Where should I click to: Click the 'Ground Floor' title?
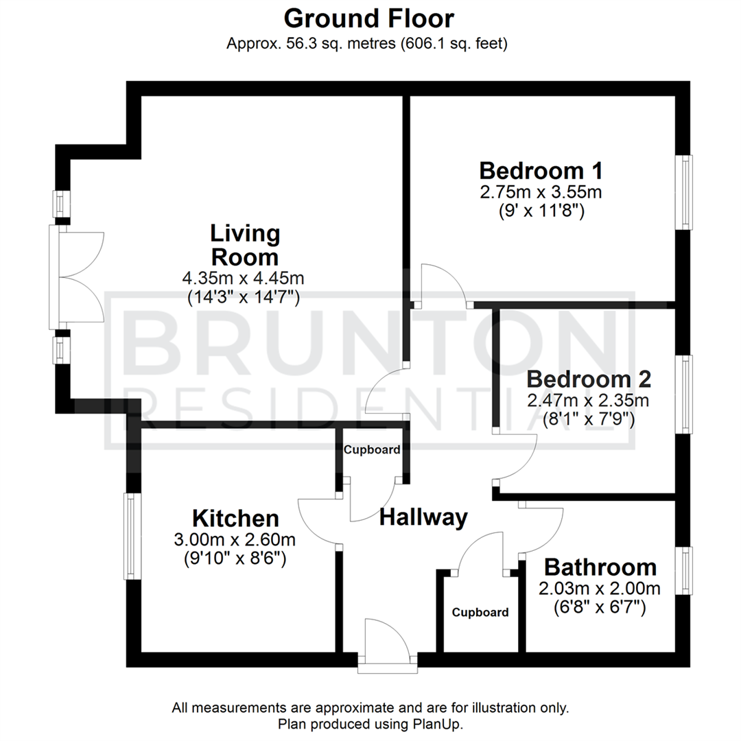point(368,18)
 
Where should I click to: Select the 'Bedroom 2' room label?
point(589,379)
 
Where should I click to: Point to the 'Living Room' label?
point(244,246)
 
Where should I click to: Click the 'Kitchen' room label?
point(235,518)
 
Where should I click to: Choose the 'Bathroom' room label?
point(600,568)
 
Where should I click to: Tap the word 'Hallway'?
point(423,517)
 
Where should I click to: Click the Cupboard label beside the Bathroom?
point(480,613)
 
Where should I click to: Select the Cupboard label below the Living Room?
point(372,451)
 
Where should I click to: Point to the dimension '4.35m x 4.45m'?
point(244,279)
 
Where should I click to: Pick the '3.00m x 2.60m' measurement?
point(235,540)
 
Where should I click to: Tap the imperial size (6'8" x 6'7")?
point(600,607)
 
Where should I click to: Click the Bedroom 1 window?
point(684,192)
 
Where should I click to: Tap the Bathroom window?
point(684,570)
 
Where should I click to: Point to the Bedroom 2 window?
point(684,394)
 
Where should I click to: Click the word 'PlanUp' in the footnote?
point(443,725)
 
